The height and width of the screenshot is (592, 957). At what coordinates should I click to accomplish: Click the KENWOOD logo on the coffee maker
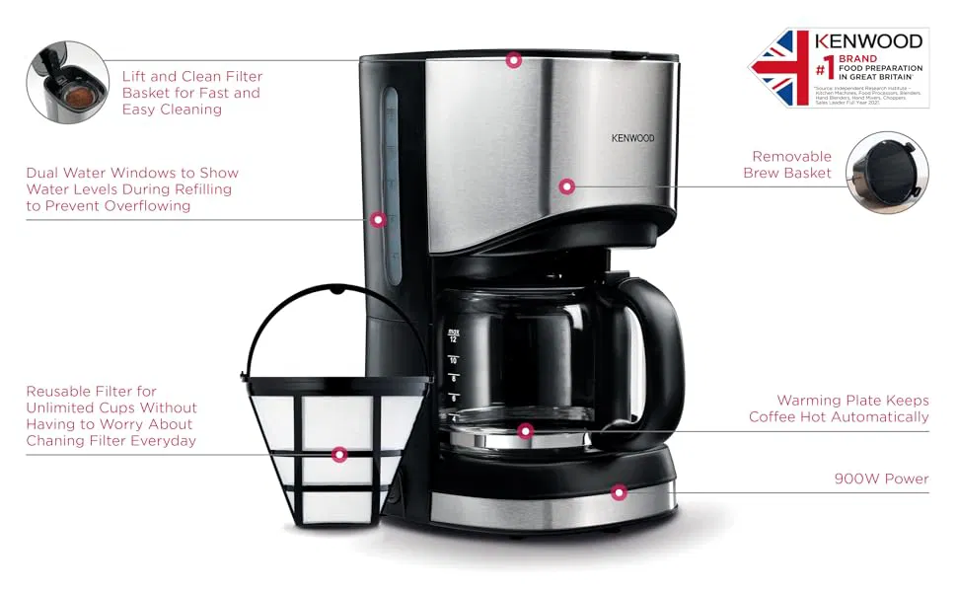click(632, 138)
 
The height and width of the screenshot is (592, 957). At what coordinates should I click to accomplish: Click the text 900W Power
click(880, 479)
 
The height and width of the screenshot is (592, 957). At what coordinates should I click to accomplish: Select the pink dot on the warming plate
click(525, 431)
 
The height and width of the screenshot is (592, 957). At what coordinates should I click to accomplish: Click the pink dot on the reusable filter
click(339, 455)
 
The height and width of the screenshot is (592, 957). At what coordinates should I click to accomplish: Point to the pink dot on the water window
click(378, 219)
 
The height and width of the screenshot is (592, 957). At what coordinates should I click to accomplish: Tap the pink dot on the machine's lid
click(513, 60)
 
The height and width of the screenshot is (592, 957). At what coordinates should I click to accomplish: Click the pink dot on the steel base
click(619, 492)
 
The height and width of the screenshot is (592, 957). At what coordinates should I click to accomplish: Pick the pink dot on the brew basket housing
click(566, 185)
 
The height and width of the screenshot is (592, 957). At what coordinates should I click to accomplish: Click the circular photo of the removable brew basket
click(887, 174)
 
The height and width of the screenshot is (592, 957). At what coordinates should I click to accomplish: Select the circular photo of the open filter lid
click(67, 82)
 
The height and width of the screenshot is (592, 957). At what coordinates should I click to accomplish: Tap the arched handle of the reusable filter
click(335, 296)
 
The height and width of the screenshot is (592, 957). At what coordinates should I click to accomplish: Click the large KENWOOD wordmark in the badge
click(868, 42)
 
